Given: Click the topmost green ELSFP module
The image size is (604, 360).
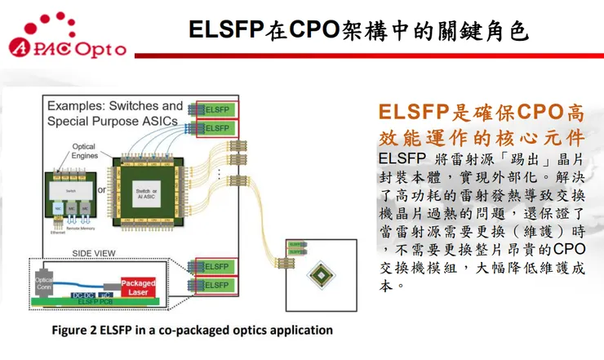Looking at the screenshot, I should pos(216,109).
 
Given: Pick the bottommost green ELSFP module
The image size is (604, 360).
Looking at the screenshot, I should pos(216,285).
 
